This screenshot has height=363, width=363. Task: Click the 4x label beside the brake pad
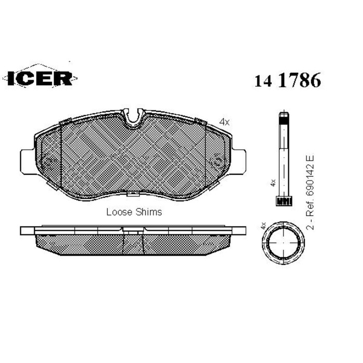224,122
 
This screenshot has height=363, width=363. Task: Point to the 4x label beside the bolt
272,183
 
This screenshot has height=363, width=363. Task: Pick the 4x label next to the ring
263,226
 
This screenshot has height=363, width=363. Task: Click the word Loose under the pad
118,212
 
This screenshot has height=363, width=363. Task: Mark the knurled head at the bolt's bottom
283,200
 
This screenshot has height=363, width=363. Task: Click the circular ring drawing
283,244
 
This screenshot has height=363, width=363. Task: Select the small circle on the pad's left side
47,161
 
